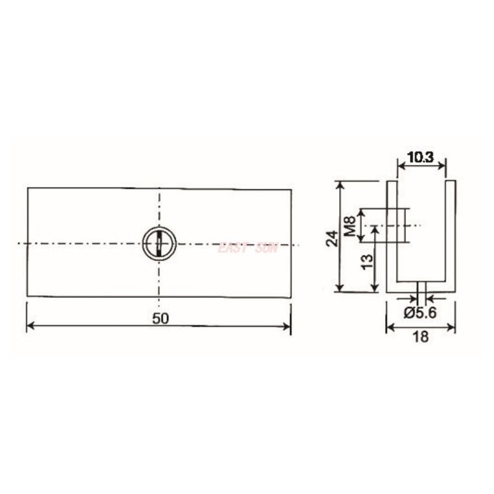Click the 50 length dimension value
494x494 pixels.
pyautogui.click(x=159, y=317)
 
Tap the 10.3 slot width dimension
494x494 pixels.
pyautogui.click(x=421, y=157)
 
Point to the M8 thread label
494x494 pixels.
pyautogui.click(x=350, y=225)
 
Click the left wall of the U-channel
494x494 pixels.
pyautogui.click(x=391, y=235)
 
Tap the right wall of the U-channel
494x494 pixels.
pyautogui.click(x=450, y=235)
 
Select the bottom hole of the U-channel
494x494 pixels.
pyautogui.click(x=421, y=288)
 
